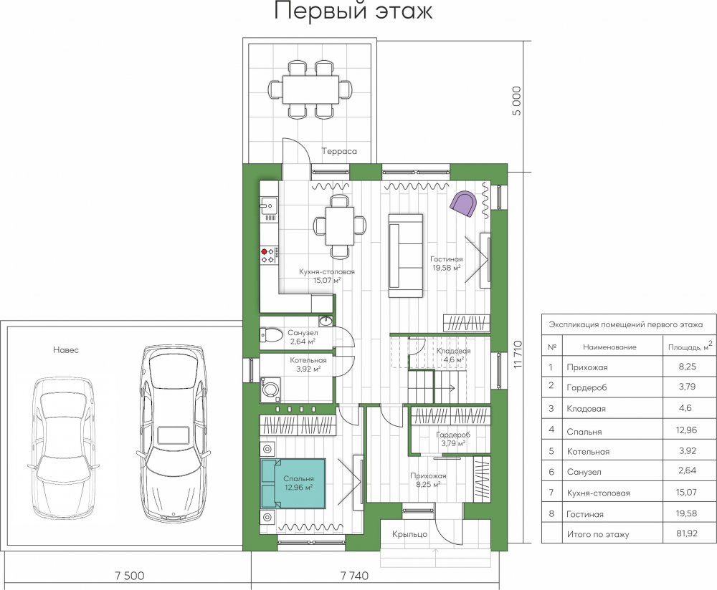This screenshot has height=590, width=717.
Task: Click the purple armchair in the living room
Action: [463, 204]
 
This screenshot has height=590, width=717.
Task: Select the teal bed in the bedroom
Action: [293, 483]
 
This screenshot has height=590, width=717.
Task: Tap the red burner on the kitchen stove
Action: [264, 251]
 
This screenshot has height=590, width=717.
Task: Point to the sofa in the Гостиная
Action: [406, 256]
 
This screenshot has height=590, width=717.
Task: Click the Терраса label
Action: [339, 151]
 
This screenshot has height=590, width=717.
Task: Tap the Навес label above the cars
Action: [66, 350]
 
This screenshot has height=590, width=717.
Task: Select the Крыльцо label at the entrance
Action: [409, 534]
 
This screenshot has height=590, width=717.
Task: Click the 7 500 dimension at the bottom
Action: [129, 576]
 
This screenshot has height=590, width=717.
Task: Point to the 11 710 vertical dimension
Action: [518, 354]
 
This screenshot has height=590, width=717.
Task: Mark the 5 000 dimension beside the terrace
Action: [516, 101]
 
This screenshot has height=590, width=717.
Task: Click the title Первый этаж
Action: [353, 11]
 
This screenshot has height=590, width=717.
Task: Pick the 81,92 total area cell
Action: [687, 533]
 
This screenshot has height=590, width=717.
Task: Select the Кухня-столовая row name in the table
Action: [598, 493]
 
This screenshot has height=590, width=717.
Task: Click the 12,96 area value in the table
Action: [686, 430]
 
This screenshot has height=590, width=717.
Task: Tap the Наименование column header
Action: [609, 347]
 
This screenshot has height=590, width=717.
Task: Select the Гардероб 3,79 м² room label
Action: [453, 439]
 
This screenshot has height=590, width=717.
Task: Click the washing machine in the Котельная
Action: [270, 390]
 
